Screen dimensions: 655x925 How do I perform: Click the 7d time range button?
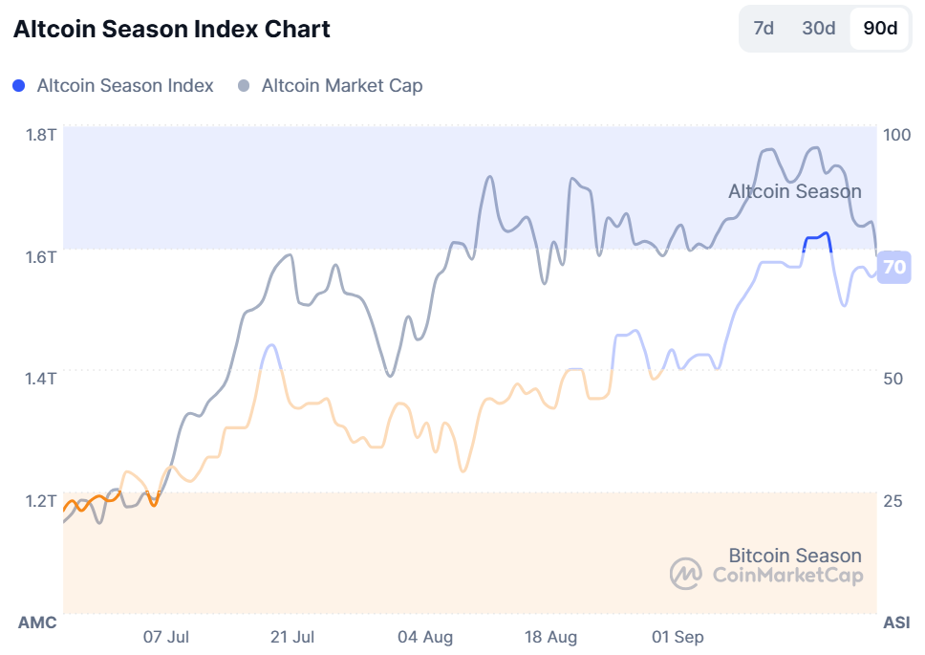(x=764, y=28)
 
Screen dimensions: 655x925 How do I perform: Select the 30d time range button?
(x=819, y=28)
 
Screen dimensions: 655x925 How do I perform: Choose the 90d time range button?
(x=880, y=28)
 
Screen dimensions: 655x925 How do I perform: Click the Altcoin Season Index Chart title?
(x=172, y=30)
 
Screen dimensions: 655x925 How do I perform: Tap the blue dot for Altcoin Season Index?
(x=19, y=85)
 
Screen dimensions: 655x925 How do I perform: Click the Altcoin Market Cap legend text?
(x=342, y=85)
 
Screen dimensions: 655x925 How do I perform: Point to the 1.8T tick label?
(x=41, y=134)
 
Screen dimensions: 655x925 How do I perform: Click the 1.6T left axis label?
(x=41, y=256)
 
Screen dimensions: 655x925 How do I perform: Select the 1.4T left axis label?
(x=41, y=379)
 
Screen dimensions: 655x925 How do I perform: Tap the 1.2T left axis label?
(x=41, y=500)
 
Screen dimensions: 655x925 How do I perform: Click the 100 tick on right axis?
(x=897, y=135)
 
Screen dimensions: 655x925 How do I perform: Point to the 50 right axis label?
(x=893, y=379)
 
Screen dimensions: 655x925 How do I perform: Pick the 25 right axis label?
(x=893, y=501)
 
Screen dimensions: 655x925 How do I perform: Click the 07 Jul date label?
(x=166, y=637)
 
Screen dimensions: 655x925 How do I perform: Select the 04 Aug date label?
(x=425, y=637)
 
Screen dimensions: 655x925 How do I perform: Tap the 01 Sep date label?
(x=677, y=637)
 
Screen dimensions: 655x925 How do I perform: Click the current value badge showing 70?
(x=894, y=267)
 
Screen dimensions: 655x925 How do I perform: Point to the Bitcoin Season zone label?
(x=795, y=556)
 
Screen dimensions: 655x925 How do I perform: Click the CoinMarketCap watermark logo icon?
(x=685, y=574)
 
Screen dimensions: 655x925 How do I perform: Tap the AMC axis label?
(x=37, y=622)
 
